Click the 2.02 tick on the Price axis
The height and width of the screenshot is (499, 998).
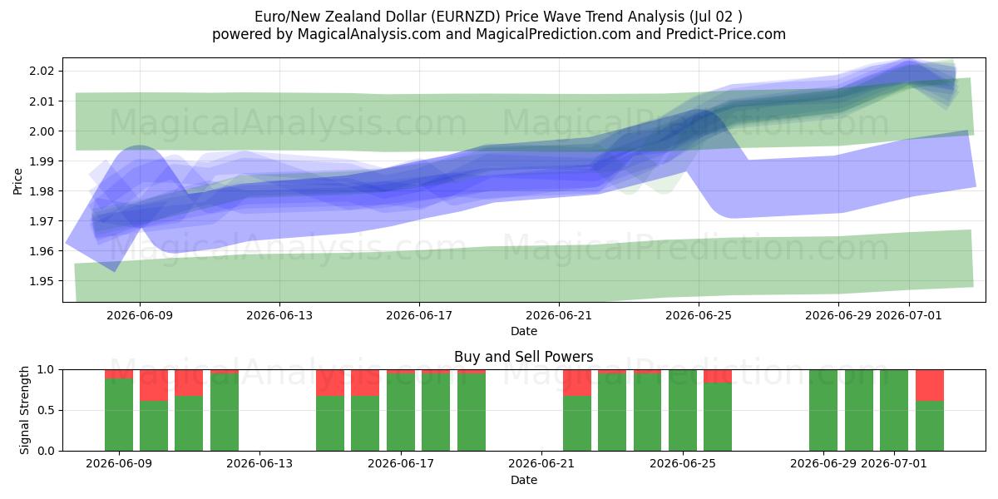pos(42,72)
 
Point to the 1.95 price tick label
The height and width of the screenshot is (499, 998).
pos(42,281)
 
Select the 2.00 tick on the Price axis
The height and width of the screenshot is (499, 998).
pos(42,131)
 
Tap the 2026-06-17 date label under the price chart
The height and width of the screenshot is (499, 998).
pos(419,315)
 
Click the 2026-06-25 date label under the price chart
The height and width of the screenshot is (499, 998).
pos(699,315)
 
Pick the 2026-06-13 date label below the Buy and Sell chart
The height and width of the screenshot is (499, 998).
pos(259,463)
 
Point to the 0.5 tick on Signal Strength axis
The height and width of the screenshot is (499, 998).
pos(46,410)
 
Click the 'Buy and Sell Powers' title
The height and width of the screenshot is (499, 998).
pos(523,357)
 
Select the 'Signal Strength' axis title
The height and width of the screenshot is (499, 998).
pos(24,410)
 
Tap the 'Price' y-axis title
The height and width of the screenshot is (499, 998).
pos(17,181)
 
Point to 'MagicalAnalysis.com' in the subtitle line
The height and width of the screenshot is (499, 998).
pos(369,34)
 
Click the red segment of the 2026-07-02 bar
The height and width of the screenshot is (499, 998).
pos(930,385)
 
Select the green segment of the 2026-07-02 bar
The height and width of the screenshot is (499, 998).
pos(930,426)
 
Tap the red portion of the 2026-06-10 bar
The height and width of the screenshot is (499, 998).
pos(154,385)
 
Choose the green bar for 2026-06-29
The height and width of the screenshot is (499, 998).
pos(823,410)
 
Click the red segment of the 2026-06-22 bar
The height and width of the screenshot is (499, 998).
pos(577,383)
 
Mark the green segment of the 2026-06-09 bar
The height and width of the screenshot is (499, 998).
pos(118,415)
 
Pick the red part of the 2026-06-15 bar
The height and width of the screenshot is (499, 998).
pos(330,383)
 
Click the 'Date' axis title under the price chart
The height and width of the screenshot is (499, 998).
pos(523,332)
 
